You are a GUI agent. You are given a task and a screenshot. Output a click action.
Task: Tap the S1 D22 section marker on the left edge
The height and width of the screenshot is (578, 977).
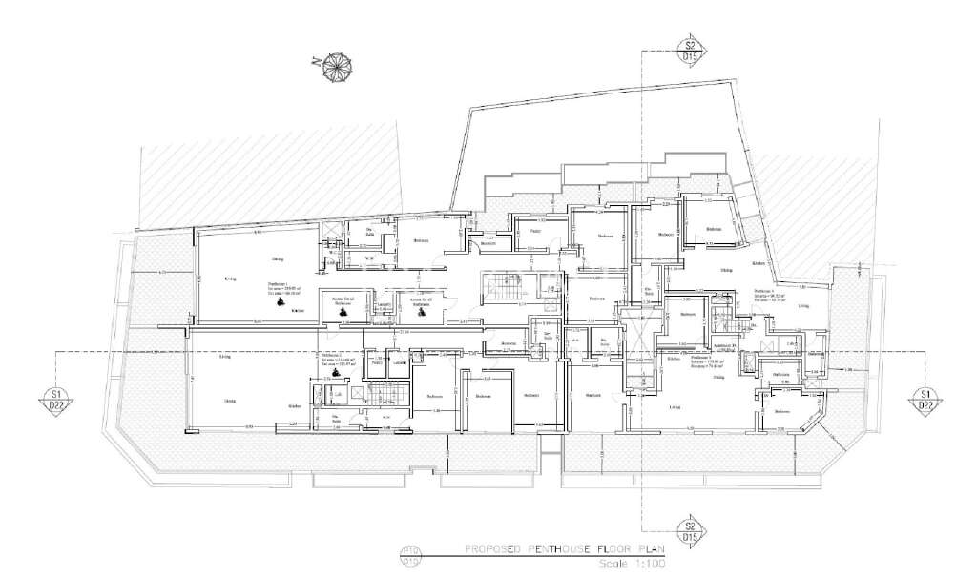(x=56, y=399)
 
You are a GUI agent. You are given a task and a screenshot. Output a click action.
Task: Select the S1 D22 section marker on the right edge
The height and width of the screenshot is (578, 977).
(x=924, y=399)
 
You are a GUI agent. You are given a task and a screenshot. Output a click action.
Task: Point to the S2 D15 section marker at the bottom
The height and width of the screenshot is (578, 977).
(x=688, y=530)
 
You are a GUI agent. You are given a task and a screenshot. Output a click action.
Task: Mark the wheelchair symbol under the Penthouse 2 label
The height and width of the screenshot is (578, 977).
(x=335, y=373)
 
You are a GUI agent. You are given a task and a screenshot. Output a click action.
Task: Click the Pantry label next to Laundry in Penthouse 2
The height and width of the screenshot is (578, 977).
(x=377, y=362)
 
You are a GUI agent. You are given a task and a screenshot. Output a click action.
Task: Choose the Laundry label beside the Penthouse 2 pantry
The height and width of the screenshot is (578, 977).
(x=400, y=362)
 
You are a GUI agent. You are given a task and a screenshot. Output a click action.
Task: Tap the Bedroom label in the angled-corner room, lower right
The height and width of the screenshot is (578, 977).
(x=781, y=411)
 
